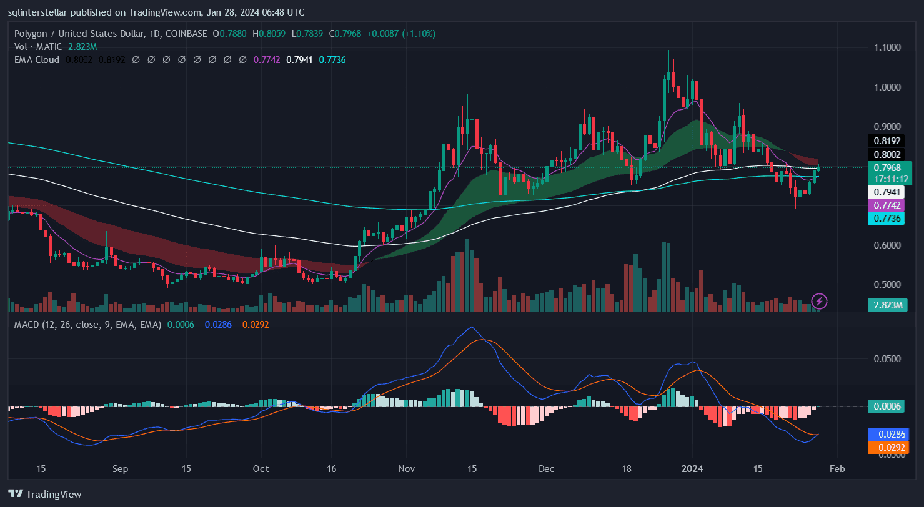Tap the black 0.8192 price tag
(x=887, y=141)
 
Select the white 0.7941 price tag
(x=887, y=192)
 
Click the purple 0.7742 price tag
(x=887, y=205)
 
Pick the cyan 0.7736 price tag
(x=887, y=218)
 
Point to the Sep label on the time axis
(x=121, y=468)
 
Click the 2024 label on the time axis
(x=692, y=468)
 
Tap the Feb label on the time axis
(x=838, y=468)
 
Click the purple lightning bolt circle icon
(x=819, y=302)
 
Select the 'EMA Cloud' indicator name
(x=37, y=60)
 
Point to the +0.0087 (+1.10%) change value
(x=406, y=33)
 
